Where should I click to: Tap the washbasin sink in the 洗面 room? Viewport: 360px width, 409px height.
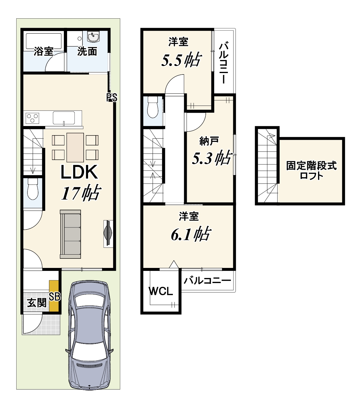tap(93, 37)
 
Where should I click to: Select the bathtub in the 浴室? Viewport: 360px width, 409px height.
tap(44, 41)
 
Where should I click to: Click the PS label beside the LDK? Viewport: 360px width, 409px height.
tap(112, 98)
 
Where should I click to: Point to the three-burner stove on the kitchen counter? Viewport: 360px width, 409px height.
tap(33, 118)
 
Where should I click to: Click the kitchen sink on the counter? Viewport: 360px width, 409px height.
tap(64, 118)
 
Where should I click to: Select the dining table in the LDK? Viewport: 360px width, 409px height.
tap(75, 147)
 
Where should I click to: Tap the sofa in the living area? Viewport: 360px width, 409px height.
tap(70, 234)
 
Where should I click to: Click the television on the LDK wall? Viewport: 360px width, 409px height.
tap(108, 234)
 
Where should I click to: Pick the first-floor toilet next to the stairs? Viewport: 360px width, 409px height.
tap(33, 189)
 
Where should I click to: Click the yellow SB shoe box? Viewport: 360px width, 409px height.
tap(54, 296)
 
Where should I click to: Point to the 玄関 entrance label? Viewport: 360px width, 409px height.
tap(37, 303)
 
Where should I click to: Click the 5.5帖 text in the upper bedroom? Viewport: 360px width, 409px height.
tap(181, 59)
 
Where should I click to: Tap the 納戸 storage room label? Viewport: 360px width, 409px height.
tap(209, 141)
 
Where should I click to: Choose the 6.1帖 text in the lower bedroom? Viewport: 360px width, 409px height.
tap(191, 234)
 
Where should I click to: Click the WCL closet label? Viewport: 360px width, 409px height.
tap(160, 291)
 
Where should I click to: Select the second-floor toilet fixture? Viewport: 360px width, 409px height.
tap(153, 107)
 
